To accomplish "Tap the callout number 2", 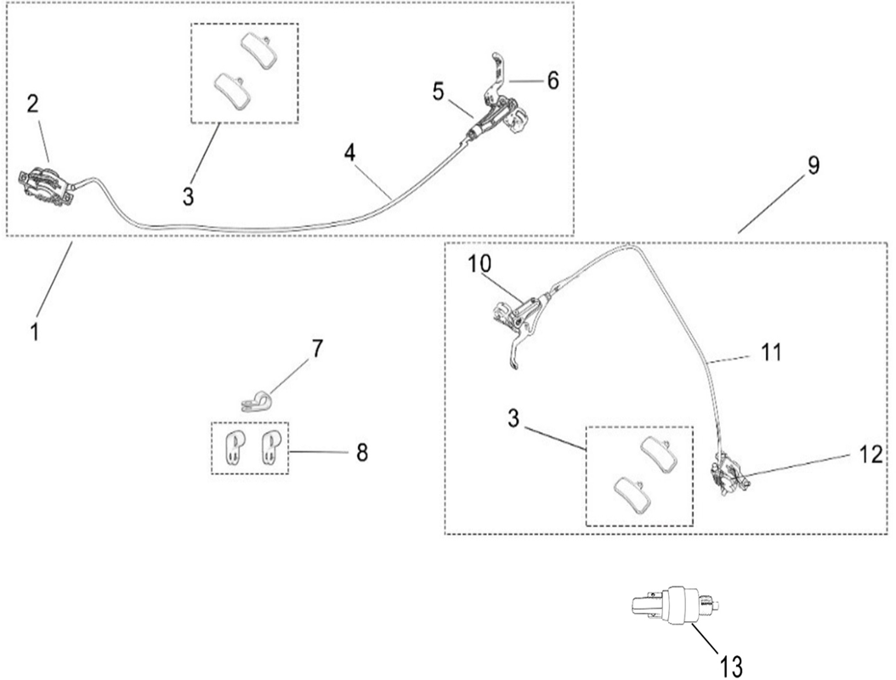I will [x=32, y=104].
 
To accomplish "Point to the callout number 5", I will [x=438, y=91].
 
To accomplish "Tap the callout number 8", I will [x=362, y=451].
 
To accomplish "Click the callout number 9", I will [x=814, y=165].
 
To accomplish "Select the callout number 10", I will [x=479, y=263].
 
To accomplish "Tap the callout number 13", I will [x=732, y=664].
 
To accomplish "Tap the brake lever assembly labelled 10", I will [x=517, y=319].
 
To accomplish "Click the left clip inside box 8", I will [x=230, y=446].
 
